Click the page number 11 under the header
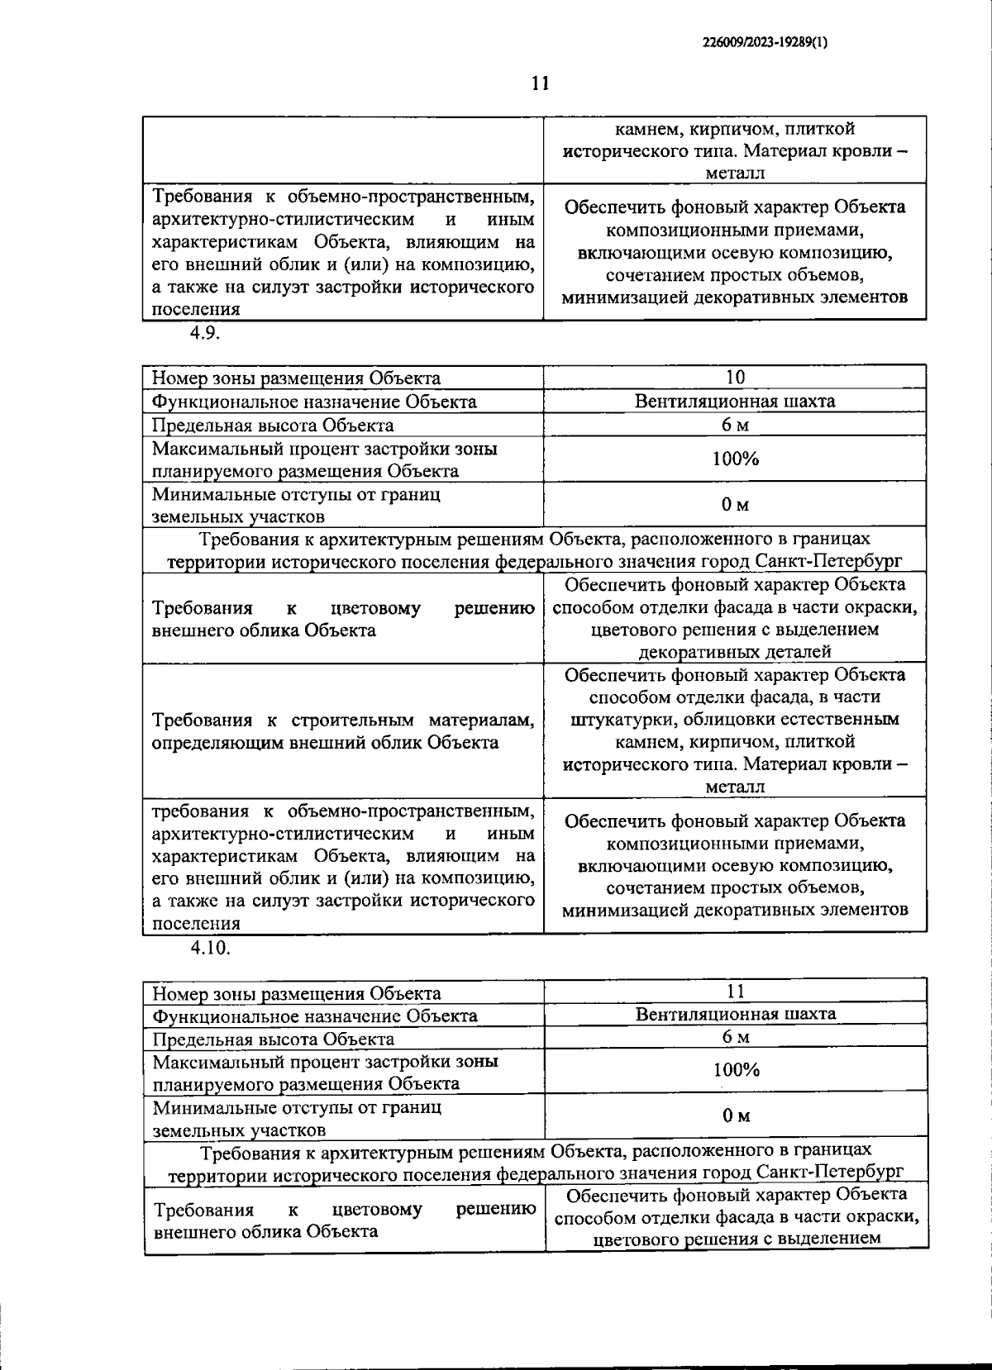coord(540,83)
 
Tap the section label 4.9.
coord(204,333)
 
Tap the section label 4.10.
coord(210,948)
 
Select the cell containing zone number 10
coord(735,378)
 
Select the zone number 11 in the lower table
coord(735,992)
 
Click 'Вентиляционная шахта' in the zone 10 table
coord(735,402)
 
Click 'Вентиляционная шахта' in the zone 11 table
coord(735,1014)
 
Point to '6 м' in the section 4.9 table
coord(735,425)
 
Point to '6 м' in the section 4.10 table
coord(735,1037)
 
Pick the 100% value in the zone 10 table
coord(735,459)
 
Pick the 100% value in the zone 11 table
coord(735,1071)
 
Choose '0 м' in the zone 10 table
coord(735,505)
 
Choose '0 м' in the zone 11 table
coord(735,1116)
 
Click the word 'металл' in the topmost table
coord(735,174)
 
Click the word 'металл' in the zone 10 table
coord(735,787)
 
